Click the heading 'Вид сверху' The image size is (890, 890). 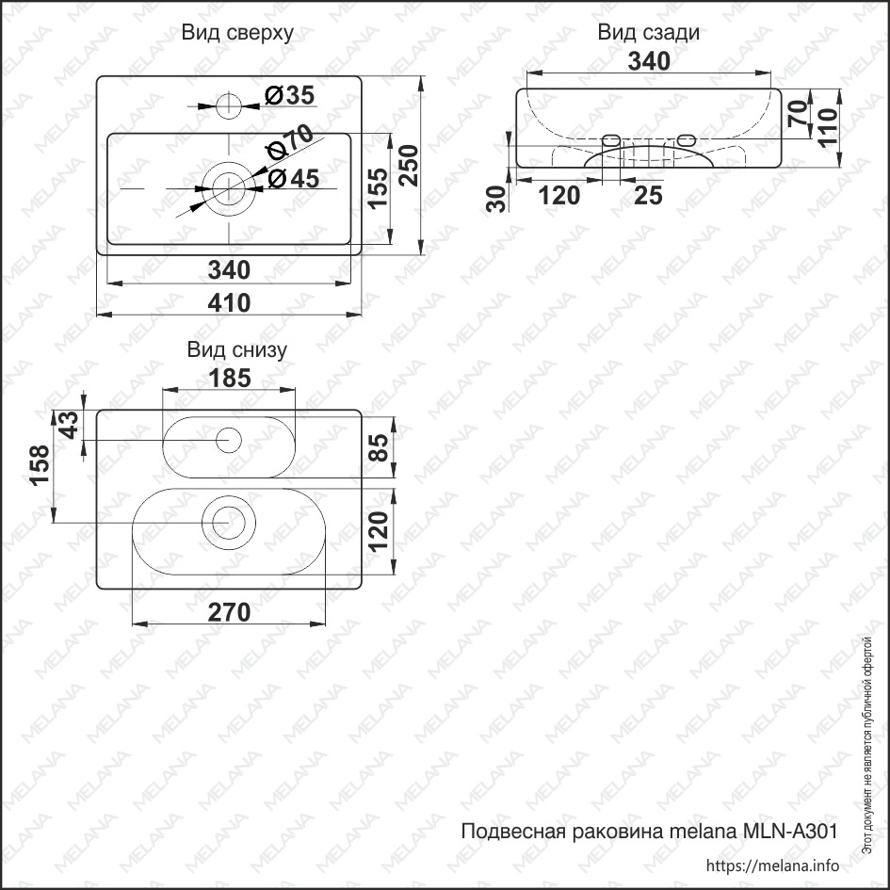(x=237, y=33)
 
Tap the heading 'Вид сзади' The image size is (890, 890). (x=648, y=33)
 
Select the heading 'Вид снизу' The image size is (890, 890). (x=236, y=350)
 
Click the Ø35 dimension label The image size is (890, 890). (x=289, y=95)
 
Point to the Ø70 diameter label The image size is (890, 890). (x=291, y=142)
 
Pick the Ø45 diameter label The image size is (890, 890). (x=294, y=179)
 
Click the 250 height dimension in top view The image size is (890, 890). (x=409, y=166)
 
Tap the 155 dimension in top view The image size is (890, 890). (x=378, y=188)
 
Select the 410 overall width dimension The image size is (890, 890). (x=229, y=303)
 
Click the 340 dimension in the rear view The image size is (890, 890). (x=649, y=61)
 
